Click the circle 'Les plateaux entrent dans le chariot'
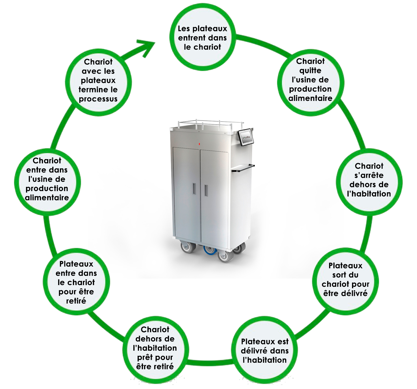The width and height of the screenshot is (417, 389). (x=202, y=38)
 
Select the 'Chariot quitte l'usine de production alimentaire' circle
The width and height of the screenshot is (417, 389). (x=310, y=82)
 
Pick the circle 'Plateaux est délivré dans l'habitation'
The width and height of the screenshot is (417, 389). (x=265, y=351)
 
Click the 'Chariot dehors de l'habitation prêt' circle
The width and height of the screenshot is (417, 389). (x=155, y=350)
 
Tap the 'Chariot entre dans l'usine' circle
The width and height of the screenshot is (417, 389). (x=47, y=181)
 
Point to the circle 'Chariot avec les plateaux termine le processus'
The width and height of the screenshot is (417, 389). (x=98, y=82)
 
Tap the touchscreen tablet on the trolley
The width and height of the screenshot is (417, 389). (x=245, y=137)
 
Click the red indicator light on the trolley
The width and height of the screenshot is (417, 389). (x=199, y=144)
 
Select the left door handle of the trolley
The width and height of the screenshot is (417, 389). (x=194, y=189)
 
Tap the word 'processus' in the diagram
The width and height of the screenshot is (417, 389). (x=98, y=99)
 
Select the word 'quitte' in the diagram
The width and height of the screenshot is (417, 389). (x=310, y=70)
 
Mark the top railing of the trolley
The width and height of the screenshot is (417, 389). (x=210, y=123)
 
